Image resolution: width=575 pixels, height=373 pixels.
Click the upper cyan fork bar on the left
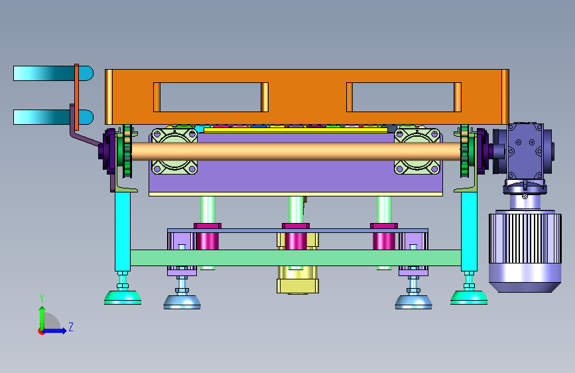pyautogui.click(x=53, y=74)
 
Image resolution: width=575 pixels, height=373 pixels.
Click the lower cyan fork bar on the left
pyautogui.click(x=53, y=117)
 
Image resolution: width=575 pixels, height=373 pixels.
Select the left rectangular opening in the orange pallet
pyautogui.click(x=211, y=98)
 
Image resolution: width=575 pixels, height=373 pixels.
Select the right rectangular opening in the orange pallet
pyautogui.click(x=404, y=98)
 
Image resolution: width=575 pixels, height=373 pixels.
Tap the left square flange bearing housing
pyautogui.click(x=174, y=151)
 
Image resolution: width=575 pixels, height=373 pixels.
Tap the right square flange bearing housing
pyautogui.click(x=417, y=151)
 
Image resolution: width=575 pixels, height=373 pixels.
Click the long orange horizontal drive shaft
pyautogui.click(x=296, y=151)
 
